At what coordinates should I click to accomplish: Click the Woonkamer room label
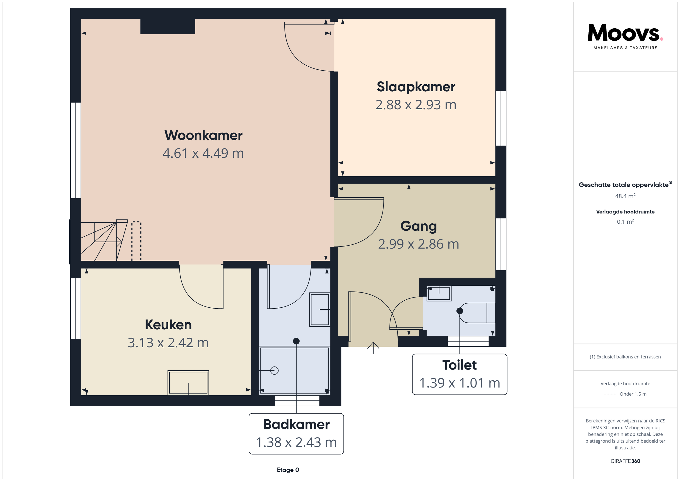(204, 135)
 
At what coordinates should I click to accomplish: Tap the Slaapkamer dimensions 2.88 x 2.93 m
(416, 105)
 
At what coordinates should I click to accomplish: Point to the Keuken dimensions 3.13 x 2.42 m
(168, 343)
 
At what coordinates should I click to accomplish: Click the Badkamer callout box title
(296, 424)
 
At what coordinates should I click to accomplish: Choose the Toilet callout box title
(459, 365)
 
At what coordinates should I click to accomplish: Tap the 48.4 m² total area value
(625, 196)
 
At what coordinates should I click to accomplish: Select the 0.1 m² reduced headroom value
(625, 221)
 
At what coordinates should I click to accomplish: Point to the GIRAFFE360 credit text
(625, 461)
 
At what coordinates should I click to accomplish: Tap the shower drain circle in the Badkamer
(275, 370)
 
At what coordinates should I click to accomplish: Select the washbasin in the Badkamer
(319, 310)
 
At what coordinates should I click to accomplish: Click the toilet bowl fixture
(477, 313)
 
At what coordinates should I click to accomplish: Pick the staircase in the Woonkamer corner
(104, 240)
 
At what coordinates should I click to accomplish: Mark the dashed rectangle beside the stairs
(136, 241)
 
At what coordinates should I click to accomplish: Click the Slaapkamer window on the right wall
(501, 119)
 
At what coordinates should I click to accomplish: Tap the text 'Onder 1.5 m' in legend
(633, 394)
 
